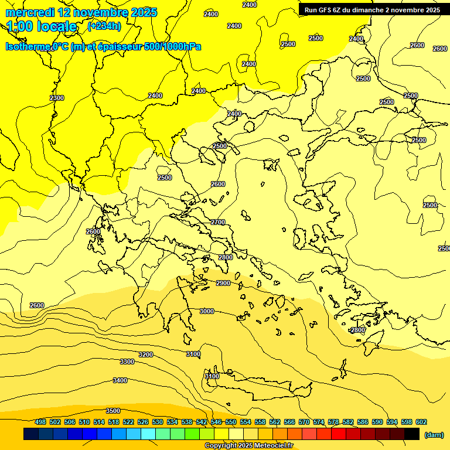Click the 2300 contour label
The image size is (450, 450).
pos(57,98)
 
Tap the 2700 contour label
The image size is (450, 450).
pos(218,222)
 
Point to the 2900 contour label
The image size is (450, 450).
pos(223,283)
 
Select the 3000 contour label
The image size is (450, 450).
pos(207,311)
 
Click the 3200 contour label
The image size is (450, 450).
pos(145,354)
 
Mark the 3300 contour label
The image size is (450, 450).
pos(127,362)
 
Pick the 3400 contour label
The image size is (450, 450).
pos(120,380)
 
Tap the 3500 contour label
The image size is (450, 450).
pos(113,411)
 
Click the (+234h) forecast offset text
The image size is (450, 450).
pos(104,26)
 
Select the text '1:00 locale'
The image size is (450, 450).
pos(42,26)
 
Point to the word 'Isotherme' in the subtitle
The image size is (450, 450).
pos(28,46)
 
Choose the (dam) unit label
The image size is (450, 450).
pos(434,435)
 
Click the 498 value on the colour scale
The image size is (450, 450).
pos(40,422)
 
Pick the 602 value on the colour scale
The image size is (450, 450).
pos(421,422)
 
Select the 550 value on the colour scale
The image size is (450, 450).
pos(231,422)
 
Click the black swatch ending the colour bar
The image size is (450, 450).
pos(412,434)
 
